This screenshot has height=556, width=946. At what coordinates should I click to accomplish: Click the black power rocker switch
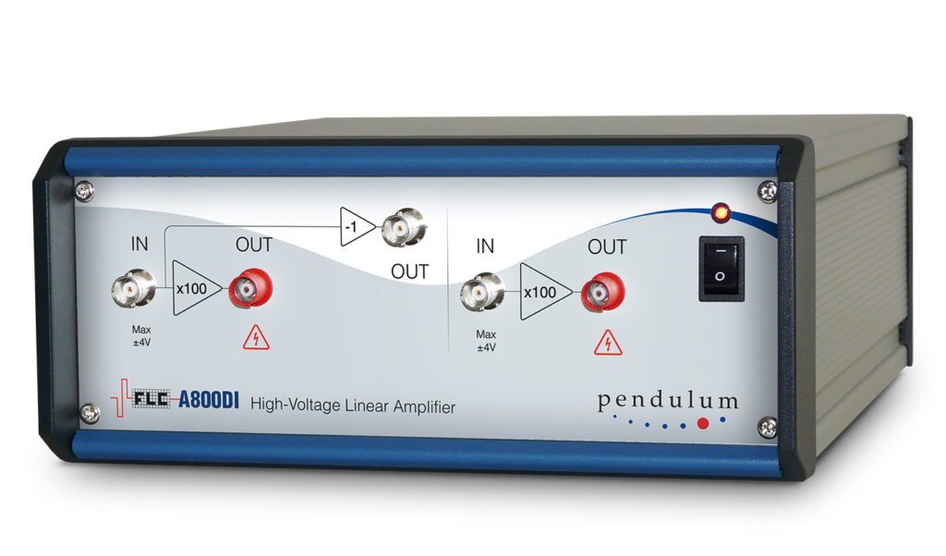[x=721, y=269]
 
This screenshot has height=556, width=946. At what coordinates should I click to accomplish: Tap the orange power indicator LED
[x=721, y=212]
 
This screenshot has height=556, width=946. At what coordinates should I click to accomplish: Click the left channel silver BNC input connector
[x=133, y=287]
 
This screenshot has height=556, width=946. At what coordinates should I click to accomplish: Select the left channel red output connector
[x=250, y=289]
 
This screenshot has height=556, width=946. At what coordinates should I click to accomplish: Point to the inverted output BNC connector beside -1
[x=404, y=227]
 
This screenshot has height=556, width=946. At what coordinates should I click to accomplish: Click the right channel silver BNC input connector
[x=481, y=293]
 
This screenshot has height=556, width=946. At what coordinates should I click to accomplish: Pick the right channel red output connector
[x=602, y=293]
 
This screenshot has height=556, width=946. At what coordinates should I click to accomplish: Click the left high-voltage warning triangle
[x=256, y=338]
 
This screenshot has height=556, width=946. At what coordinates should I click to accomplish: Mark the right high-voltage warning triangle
[x=608, y=343]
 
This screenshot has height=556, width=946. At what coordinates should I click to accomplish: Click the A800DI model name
[x=209, y=400]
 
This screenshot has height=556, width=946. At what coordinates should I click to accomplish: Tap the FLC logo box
[x=151, y=399]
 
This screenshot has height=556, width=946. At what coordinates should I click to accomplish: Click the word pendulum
[x=667, y=401]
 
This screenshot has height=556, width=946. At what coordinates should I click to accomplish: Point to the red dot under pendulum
[x=703, y=423]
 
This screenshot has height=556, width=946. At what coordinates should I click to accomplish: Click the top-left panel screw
[x=84, y=192]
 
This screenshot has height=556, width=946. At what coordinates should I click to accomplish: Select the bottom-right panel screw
[x=768, y=428]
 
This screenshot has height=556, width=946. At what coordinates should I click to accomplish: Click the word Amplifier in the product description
[x=424, y=407]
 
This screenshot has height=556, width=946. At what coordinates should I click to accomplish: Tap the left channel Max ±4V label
[x=141, y=336]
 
